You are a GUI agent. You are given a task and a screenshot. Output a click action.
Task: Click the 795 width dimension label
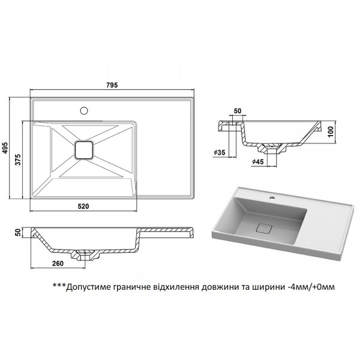point(112,85)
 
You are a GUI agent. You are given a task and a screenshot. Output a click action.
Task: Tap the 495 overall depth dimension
point(5,148)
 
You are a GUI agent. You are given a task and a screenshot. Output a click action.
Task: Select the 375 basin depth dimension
point(18,160)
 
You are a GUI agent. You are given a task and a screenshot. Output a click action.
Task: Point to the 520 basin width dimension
point(83,206)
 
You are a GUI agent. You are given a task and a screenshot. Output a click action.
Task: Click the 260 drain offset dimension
point(58,263)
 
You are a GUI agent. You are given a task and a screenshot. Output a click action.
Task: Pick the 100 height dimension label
point(330,131)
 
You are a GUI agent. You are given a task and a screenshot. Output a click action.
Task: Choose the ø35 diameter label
point(219,152)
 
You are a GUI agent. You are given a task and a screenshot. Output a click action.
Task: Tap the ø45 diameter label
point(258,161)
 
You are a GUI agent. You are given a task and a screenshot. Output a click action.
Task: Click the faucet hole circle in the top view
point(84,110)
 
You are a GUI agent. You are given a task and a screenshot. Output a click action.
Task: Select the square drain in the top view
point(84,150)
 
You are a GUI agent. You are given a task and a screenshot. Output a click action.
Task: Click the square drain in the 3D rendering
point(264,229)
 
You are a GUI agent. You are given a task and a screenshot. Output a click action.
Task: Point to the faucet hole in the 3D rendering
point(272,197)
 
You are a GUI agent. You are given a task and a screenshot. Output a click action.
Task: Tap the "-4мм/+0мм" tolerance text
point(311,287)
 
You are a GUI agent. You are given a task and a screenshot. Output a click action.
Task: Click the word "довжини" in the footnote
point(218,287)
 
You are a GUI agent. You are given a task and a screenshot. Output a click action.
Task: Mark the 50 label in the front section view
point(18,232)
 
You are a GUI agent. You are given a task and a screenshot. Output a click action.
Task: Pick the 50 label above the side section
point(238,111)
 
